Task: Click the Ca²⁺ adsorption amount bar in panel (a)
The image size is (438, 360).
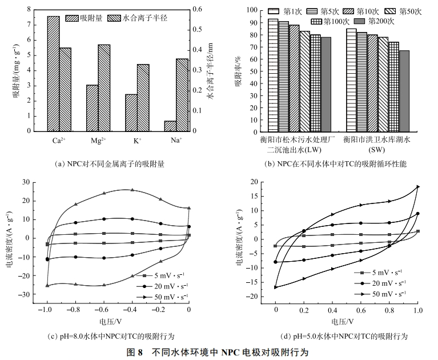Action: (x=53, y=74)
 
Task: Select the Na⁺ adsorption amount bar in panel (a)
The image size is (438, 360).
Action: (x=170, y=126)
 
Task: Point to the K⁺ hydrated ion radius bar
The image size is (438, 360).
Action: (x=143, y=98)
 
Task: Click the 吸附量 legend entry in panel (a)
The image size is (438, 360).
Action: (x=89, y=18)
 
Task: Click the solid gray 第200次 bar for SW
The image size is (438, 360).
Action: (x=404, y=91)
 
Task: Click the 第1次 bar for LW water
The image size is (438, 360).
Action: (x=273, y=75)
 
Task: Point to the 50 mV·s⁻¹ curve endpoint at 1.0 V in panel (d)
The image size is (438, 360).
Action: (x=418, y=187)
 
